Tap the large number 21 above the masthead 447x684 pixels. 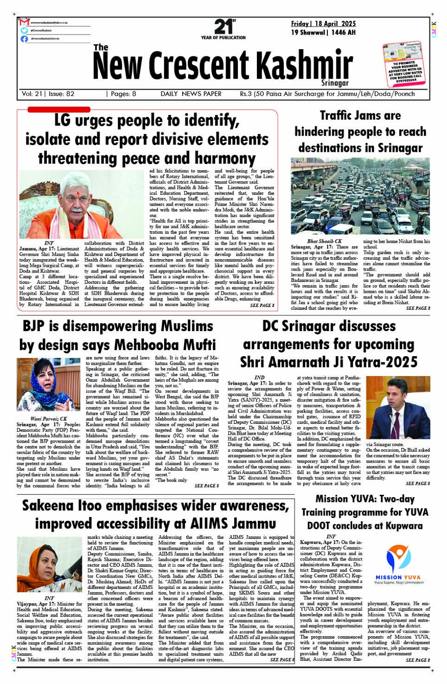(x=223, y=26)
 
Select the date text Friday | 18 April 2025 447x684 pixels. (x=324, y=24)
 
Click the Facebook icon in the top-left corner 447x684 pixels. (x=24, y=39)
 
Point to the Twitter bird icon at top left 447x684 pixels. (x=24, y=30)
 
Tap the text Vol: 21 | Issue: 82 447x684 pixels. (x=48, y=94)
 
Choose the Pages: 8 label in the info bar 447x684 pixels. (x=122, y=94)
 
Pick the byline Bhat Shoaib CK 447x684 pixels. (x=324, y=241)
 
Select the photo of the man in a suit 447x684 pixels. (x=391, y=408)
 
